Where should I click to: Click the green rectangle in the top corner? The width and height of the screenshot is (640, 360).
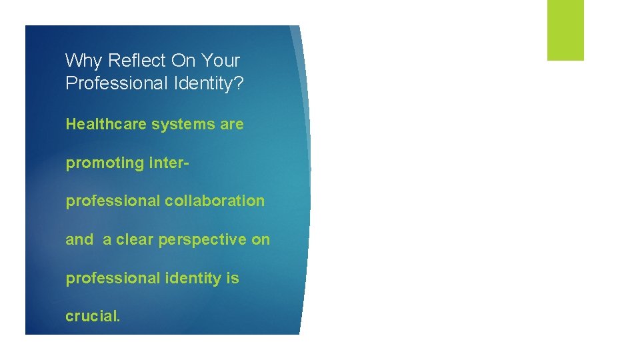click(565, 30)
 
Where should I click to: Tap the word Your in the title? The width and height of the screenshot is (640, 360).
click(220, 61)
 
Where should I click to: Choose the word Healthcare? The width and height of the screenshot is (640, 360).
click(105, 124)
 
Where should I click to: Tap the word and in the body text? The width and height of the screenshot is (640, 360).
click(79, 239)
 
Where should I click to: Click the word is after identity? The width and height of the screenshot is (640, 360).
click(232, 278)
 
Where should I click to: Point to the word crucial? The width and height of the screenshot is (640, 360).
click(93, 316)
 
